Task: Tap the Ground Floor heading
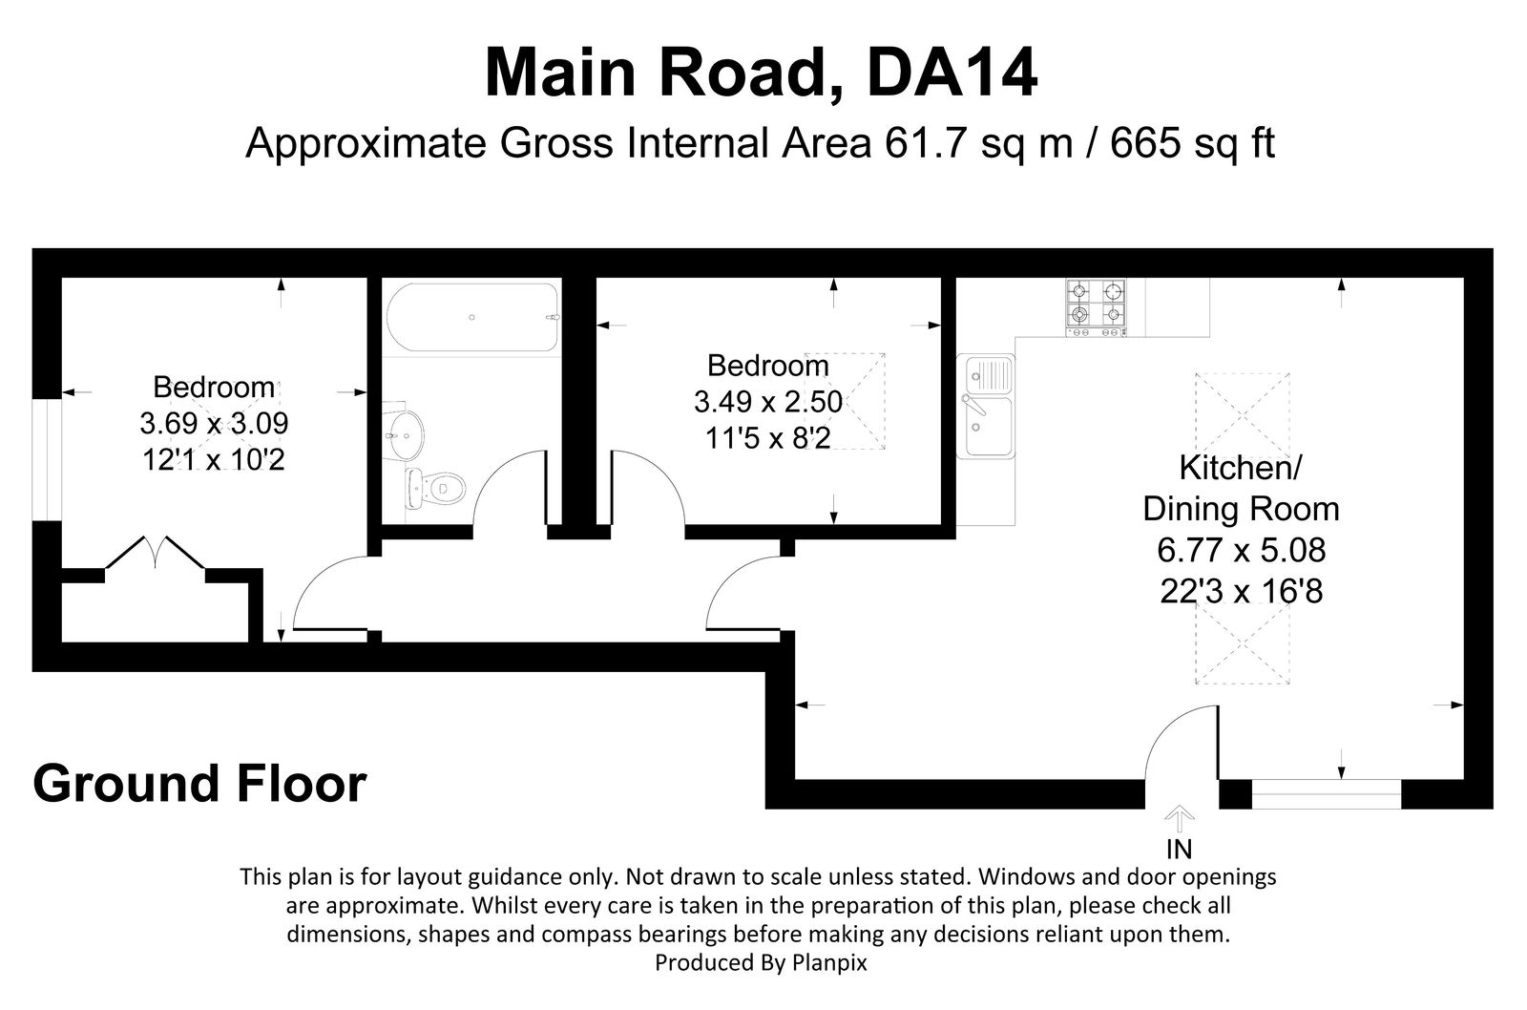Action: pyautogui.click(x=199, y=784)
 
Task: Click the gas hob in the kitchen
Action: pyautogui.click(x=1096, y=306)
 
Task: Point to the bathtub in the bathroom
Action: pyautogui.click(x=471, y=317)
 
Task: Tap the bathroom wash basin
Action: pyautogui.click(x=406, y=434)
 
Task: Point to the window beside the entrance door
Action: pyautogui.click(x=1325, y=793)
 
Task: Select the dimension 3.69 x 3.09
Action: pyautogui.click(x=214, y=424)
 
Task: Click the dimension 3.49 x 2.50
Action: pyautogui.click(x=767, y=402)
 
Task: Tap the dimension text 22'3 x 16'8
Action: pyautogui.click(x=1241, y=592)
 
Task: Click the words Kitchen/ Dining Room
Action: pyautogui.click(x=1241, y=489)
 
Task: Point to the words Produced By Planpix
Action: pyautogui.click(x=761, y=963)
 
